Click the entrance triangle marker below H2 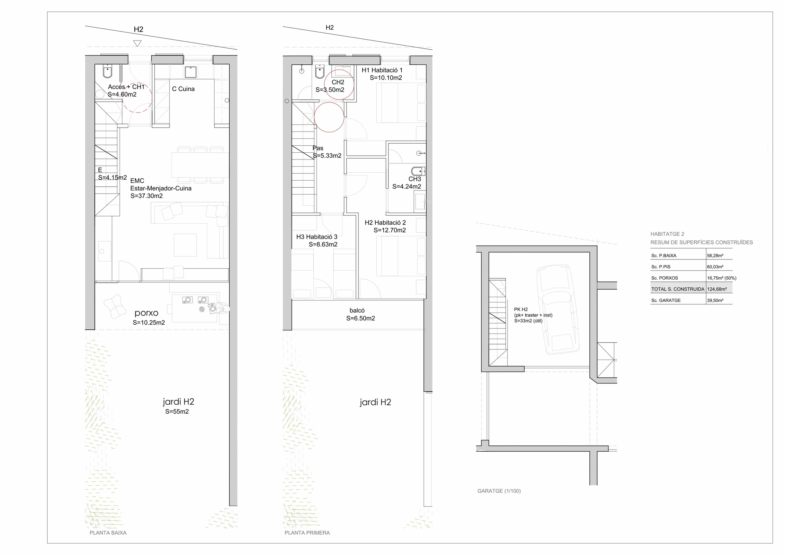coord(137,44)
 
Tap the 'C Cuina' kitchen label coord(183,89)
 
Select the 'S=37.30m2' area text coord(146,196)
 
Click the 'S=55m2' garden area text coord(177,412)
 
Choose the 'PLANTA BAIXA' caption coord(108,533)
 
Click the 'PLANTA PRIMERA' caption coord(307,533)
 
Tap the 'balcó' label coord(357,311)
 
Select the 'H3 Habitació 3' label coord(316,237)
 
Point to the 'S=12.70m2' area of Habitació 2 coord(390,231)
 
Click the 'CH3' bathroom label coord(415,179)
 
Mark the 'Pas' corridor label coord(318,148)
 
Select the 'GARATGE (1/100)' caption coord(499,491)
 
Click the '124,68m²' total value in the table coord(717,289)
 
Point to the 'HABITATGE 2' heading coord(667,234)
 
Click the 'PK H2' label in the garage coord(521,309)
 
